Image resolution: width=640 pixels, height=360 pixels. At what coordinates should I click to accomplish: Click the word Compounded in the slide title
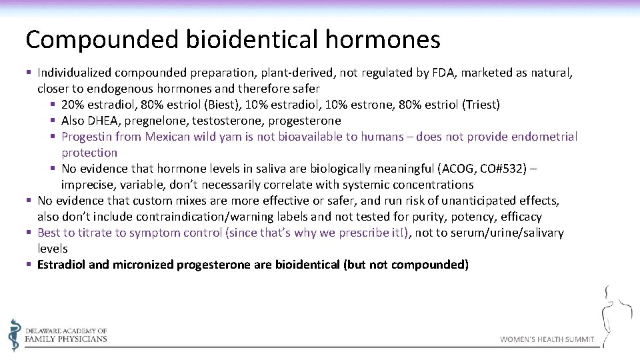tap(101, 40)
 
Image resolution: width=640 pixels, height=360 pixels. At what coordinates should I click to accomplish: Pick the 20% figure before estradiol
tap(71, 105)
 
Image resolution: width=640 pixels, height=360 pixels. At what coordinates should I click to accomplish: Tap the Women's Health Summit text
tap(547, 339)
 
